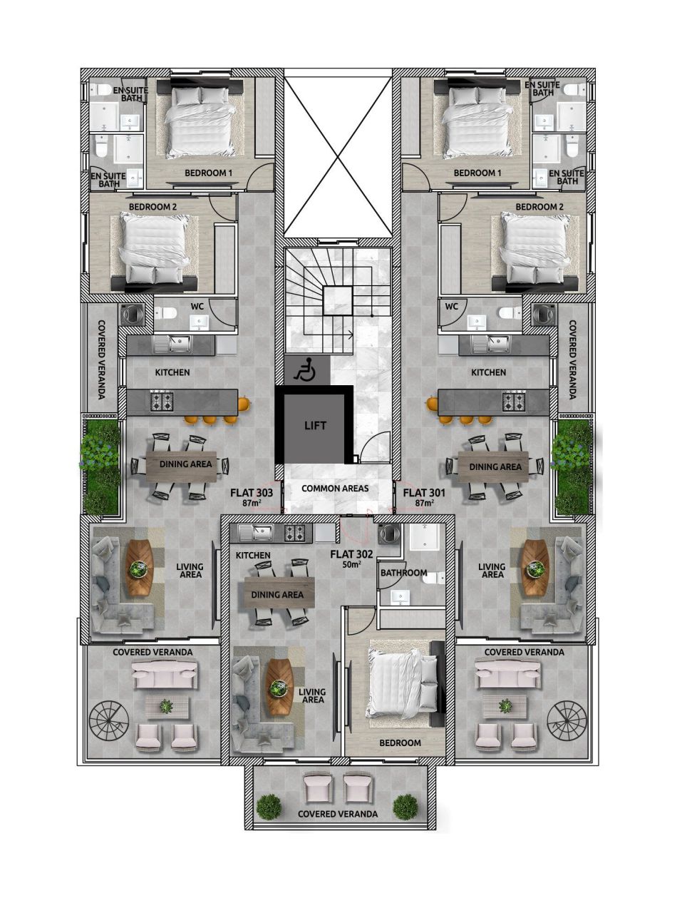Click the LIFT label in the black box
pos(315,426)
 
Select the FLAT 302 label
pos(351,554)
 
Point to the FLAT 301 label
pos(424,493)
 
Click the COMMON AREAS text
pos(335,489)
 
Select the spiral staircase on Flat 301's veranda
pos(567,723)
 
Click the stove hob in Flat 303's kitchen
pos(162,402)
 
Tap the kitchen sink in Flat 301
pos(497,345)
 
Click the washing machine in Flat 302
pos(390,534)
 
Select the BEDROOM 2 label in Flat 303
pos(153,207)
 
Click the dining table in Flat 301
pos(494,466)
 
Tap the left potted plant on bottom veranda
pos(269,806)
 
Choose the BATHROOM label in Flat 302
pos(403,573)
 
